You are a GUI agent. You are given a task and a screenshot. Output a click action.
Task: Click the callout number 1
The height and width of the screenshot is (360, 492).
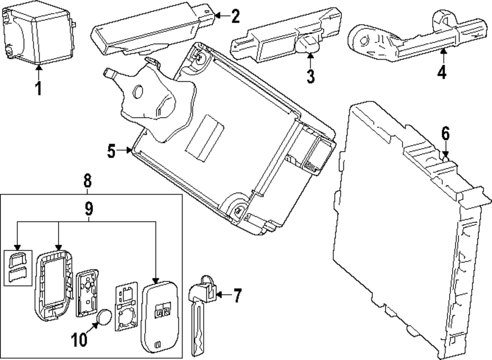coord(38,88)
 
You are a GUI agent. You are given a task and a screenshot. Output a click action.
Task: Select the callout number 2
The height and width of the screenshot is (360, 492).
coord(235,16)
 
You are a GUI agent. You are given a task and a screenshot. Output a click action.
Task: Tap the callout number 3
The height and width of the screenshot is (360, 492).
coord(310,76)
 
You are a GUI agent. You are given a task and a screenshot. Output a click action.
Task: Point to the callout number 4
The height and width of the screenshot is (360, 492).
coord(442,72)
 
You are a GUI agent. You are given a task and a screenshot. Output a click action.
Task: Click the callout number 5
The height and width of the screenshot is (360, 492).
coord(111,151)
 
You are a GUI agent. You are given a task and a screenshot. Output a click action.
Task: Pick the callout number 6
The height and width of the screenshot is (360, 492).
coord(446,134)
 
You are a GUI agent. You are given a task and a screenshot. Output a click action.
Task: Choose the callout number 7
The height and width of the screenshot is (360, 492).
coord(237,295)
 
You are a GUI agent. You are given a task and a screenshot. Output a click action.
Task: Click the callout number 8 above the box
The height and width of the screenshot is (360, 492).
coord(88,181)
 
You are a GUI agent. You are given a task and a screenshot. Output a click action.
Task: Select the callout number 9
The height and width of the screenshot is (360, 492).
coord(89,208)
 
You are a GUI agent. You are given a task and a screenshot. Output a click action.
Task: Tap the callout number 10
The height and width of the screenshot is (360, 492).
coord(79,340)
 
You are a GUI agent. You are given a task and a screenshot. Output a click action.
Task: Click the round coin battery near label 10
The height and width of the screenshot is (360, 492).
coord(103,318)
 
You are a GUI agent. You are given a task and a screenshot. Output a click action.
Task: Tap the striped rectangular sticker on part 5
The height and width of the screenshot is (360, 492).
coord(205,138)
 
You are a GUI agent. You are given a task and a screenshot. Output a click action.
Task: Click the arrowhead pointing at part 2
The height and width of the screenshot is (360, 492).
coord(217,15)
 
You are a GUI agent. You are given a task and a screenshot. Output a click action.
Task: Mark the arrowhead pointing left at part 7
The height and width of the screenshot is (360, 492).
coord(219,295)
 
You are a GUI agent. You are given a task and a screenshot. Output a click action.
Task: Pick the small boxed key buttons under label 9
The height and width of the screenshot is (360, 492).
coord(18,268)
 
